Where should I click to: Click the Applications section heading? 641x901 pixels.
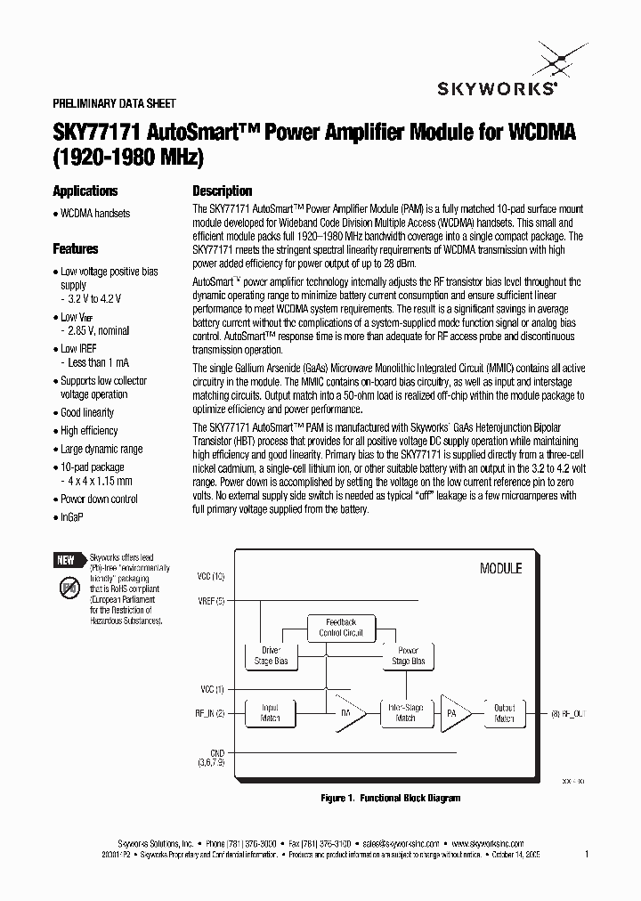pyautogui.click(x=85, y=191)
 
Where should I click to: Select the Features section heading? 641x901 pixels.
pyautogui.click(x=76, y=249)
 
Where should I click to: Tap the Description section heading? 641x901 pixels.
pyautogui.click(x=223, y=191)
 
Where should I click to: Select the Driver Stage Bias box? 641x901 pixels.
pyautogui.click(x=270, y=656)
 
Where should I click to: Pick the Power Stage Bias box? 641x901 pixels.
pyautogui.click(x=408, y=656)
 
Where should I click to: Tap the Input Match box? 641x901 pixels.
pyautogui.click(x=270, y=713)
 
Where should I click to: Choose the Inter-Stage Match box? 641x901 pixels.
pyautogui.click(x=404, y=713)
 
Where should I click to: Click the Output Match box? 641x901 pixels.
pyautogui.click(x=505, y=713)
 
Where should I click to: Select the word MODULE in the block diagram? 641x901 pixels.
pyautogui.click(x=500, y=568)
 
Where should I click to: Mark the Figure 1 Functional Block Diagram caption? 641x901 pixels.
pyautogui.click(x=391, y=798)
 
